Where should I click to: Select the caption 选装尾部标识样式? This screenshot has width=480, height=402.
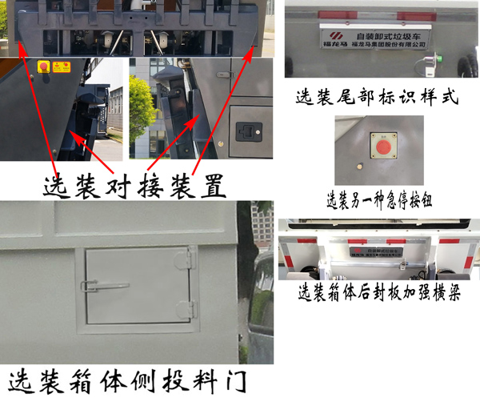pyautogui.click(x=376, y=98)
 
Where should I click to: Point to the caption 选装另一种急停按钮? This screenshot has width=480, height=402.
pyautogui.click(x=380, y=199)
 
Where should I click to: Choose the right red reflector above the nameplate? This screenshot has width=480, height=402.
pyautogui.click(x=423, y=15)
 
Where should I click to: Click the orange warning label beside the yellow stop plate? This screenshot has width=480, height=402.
pyautogui.click(x=61, y=68)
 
